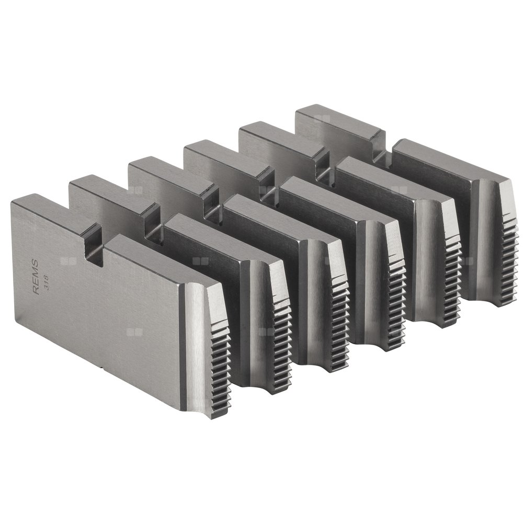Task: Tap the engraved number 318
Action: coord(47,283)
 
